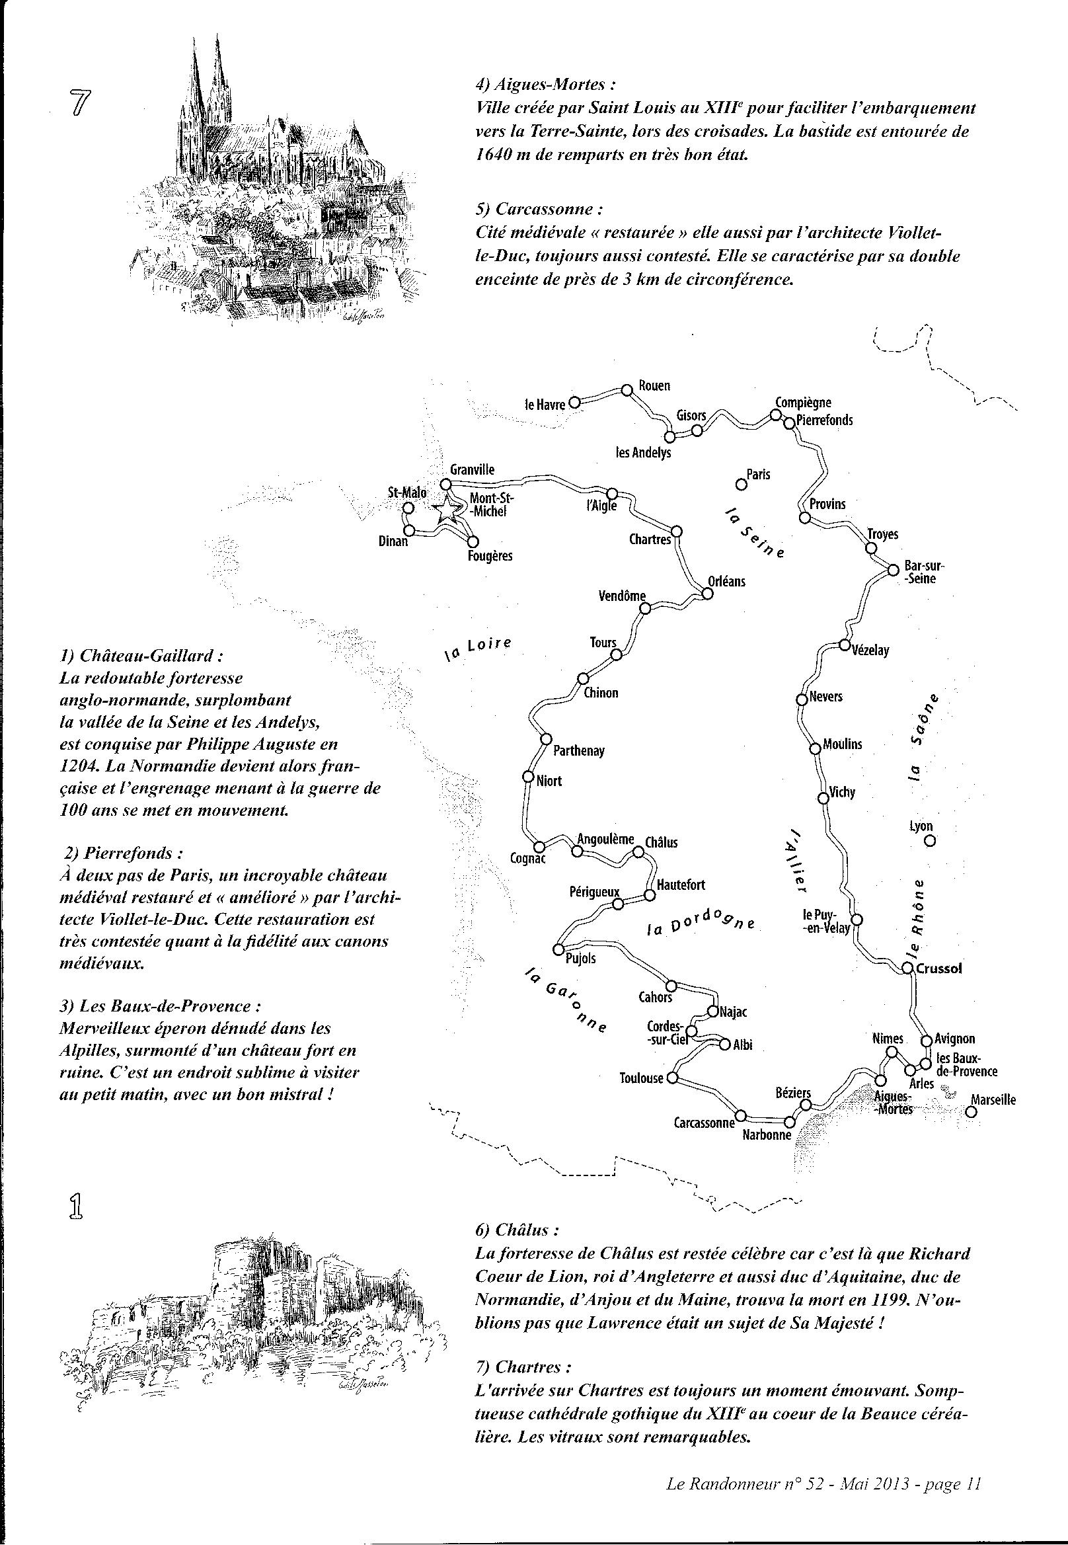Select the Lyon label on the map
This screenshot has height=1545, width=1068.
[x=921, y=827]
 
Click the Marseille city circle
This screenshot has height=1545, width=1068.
[x=971, y=1111]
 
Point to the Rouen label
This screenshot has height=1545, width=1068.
[x=654, y=385]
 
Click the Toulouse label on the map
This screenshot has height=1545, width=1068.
[x=642, y=1078]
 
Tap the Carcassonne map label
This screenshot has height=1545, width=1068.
[x=705, y=1123]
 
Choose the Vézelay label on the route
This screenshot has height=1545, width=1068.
[x=870, y=650]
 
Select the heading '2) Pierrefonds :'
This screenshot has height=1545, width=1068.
[x=124, y=853]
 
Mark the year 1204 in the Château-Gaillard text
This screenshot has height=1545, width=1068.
[x=78, y=766]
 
